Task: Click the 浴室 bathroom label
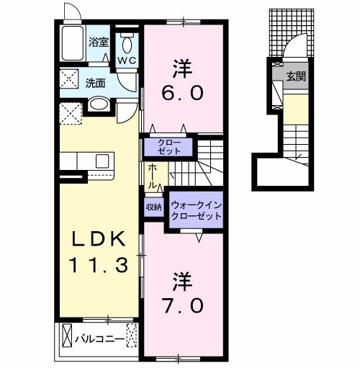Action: coord(99,42)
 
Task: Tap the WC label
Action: coord(127,60)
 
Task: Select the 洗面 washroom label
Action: coord(96,82)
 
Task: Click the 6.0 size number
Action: coord(183,93)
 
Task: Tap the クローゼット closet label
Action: coord(168,148)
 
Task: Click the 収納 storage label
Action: coord(154,207)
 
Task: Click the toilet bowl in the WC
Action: coord(127,40)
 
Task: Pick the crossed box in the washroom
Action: coord(70,78)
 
